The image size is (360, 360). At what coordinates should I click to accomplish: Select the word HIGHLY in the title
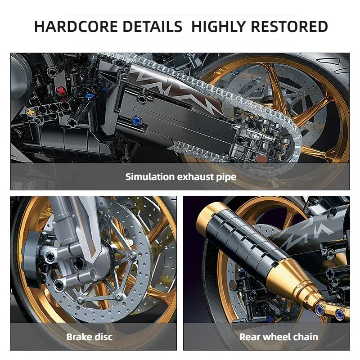218,27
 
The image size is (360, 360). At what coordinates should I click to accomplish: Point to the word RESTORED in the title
289,27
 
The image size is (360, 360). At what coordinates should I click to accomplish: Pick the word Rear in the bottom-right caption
249,337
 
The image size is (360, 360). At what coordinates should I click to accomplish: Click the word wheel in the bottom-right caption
276,337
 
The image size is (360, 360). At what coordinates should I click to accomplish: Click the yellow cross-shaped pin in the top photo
31,111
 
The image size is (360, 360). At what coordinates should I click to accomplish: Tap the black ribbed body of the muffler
243,238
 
